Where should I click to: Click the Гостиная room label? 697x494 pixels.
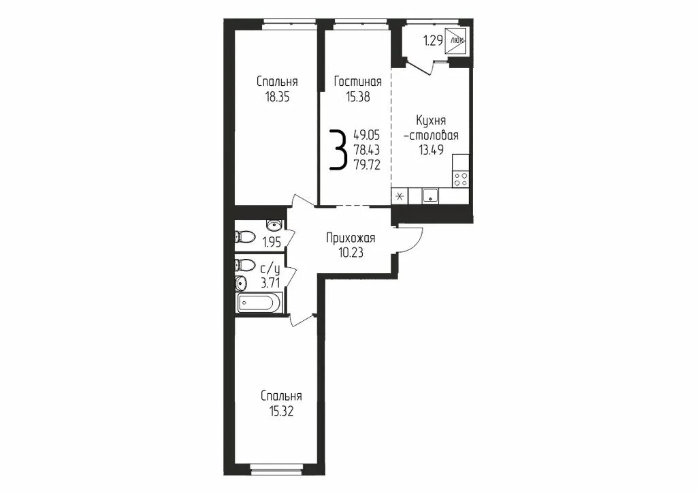tap(358, 82)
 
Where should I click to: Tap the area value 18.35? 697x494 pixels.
tap(278, 97)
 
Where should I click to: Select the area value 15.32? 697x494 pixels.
tap(281, 412)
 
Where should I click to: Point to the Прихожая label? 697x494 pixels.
tap(351, 238)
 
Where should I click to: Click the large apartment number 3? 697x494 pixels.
tap(338, 150)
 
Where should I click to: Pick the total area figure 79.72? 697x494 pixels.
tap(367, 165)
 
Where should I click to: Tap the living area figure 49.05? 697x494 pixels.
tap(367, 134)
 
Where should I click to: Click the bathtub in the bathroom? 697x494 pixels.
tap(258, 304)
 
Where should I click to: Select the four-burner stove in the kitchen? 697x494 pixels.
tap(461, 179)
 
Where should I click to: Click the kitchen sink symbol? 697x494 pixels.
tap(430, 196)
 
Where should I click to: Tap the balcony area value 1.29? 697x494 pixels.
tap(433, 41)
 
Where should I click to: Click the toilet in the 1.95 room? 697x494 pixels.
tap(244, 236)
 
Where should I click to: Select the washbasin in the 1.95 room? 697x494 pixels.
tap(274, 224)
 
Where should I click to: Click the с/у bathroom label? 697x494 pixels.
tap(270, 269)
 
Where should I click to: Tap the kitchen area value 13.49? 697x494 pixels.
tap(431, 149)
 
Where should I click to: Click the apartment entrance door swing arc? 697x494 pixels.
tap(415, 243)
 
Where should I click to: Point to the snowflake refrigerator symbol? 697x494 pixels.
tap(400, 196)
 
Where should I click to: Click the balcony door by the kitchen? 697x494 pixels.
tap(421, 66)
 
